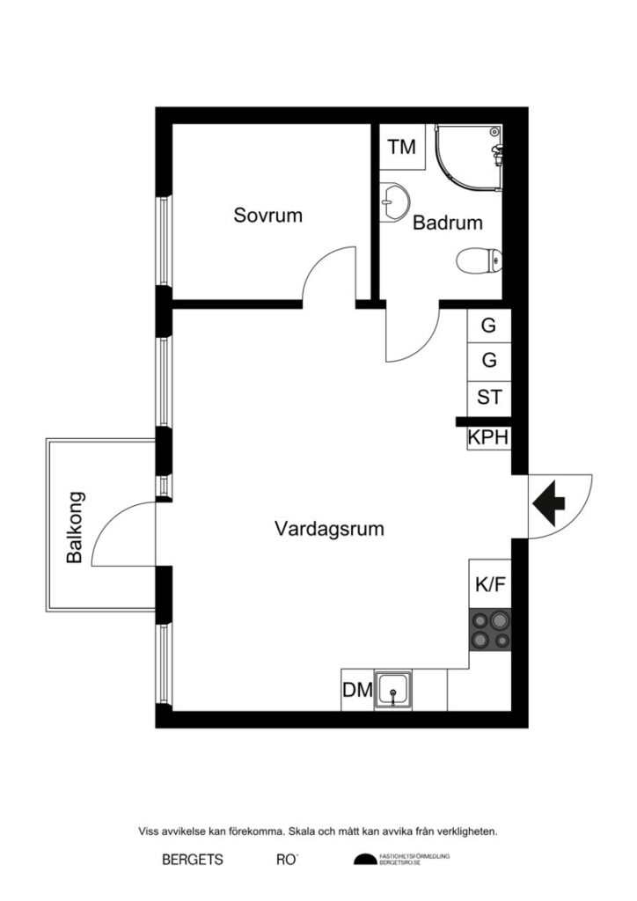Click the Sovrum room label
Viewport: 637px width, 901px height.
pos(267,215)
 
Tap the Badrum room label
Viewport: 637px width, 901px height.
pos(448,223)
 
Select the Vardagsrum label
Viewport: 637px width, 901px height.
pos(329,530)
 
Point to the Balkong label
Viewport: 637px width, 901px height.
pos(76,526)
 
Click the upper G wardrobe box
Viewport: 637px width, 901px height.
pos(488,326)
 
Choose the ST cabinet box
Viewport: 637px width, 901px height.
pos(488,397)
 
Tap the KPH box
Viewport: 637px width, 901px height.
pos(488,437)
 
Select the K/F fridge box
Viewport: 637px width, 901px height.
pos(489,584)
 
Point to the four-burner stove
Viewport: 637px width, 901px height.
pos(489,630)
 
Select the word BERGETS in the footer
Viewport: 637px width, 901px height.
pos(193,859)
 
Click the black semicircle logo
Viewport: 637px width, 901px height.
pos(364,860)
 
